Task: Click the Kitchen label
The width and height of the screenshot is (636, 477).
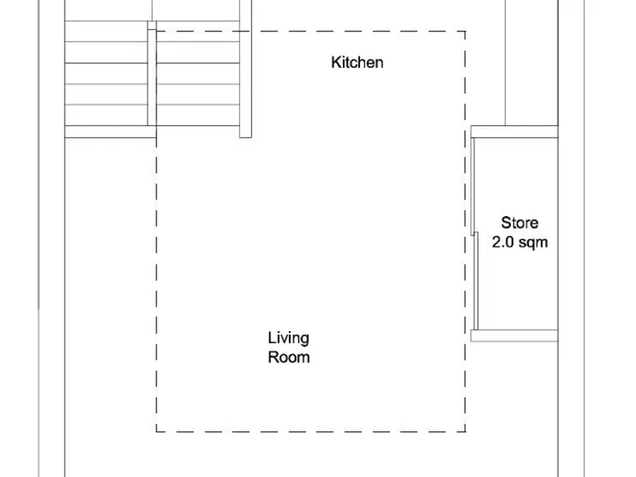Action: click(x=357, y=62)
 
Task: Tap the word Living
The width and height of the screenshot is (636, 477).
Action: click(x=288, y=338)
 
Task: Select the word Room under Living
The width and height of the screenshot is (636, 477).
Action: click(x=288, y=358)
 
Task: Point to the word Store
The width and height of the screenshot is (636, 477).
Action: click(x=519, y=223)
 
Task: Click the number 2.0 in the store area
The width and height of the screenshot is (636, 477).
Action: click(x=504, y=243)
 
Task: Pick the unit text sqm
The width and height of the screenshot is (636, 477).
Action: click(x=533, y=243)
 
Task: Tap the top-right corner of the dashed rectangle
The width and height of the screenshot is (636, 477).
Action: click(x=465, y=32)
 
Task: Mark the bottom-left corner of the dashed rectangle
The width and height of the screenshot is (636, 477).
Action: click(x=157, y=431)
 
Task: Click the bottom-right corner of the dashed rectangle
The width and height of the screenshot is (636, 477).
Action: click(x=465, y=431)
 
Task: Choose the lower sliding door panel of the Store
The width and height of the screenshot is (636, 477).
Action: click(x=478, y=282)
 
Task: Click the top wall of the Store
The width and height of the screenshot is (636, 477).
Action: click(x=513, y=132)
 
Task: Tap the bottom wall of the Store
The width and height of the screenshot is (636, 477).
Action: click(x=513, y=335)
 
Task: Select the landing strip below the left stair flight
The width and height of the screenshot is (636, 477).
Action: click(x=110, y=131)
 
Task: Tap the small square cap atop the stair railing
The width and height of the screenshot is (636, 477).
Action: click(x=152, y=26)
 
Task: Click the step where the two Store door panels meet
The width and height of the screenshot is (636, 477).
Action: click(x=475, y=234)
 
